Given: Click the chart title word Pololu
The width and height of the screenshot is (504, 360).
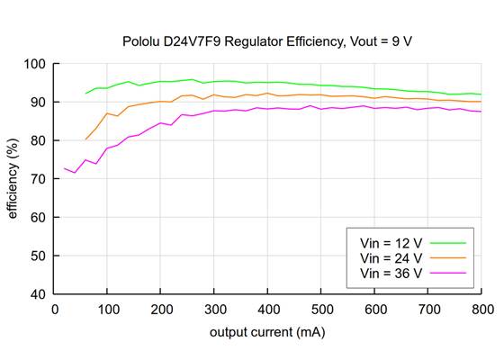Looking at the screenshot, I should (142, 41).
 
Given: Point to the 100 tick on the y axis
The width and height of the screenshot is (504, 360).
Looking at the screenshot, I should (37, 64).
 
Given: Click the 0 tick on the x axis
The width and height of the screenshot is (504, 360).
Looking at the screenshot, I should (55, 309).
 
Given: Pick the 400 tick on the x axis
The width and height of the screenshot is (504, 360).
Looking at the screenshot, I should (268, 309).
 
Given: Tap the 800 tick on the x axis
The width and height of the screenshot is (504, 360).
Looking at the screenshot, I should (481, 309).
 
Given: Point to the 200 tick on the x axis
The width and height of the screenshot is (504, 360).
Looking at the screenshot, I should (161, 309).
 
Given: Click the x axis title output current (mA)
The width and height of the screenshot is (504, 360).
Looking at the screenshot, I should (267, 332).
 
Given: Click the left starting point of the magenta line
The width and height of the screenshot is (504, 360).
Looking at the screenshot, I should (64, 168).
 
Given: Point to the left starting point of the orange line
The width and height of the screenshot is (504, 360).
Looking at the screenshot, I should (85, 139).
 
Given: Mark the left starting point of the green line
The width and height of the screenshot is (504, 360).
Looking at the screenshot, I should (85, 93).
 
